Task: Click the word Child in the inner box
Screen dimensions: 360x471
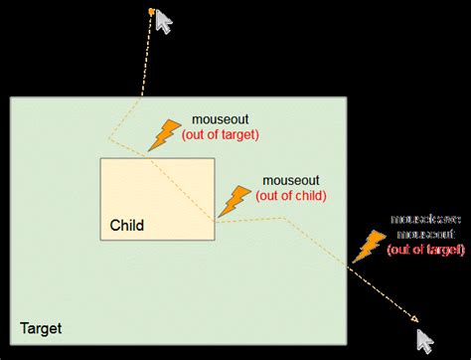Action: coord(126,226)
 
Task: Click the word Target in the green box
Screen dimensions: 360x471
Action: coord(41,327)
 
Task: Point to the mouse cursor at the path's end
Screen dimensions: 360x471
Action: coord(426,340)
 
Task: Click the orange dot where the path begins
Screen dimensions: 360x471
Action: coord(150,12)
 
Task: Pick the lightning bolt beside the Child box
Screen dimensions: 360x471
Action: coord(235,198)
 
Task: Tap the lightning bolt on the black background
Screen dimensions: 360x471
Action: coord(373,246)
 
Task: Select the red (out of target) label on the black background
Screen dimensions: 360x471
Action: coord(425,248)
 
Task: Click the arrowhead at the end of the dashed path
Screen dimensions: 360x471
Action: coord(411,319)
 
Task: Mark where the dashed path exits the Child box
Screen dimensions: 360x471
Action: coord(215,221)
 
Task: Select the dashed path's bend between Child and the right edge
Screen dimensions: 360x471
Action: coord(287,216)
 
